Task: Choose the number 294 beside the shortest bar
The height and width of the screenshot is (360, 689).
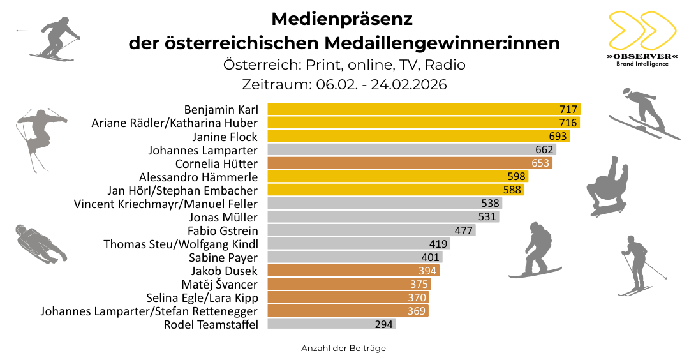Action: click(x=384, y=324)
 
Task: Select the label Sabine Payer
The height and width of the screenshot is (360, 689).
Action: click(x=223, y=257)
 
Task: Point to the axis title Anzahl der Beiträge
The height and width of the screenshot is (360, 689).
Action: click(x=343, y=349)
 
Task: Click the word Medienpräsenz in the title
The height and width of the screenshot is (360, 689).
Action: click(x=342, y=19)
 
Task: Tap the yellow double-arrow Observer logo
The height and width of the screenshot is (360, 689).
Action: click(x=641, y=31)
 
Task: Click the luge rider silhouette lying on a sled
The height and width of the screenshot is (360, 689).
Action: click(x=40, y=244)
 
